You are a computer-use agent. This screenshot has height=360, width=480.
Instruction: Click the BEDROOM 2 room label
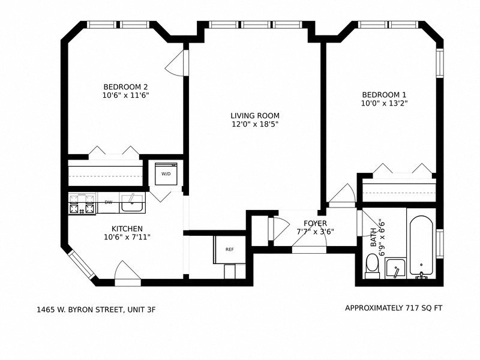coord(125,86)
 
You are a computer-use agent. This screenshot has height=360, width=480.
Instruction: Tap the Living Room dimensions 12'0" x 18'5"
coord(254,124)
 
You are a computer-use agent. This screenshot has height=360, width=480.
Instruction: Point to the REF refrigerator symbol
coord(229,250)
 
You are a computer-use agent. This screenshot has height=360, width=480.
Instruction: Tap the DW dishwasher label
coord(109,202)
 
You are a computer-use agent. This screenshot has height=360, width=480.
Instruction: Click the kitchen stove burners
coord(82,204)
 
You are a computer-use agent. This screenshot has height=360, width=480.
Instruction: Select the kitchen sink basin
coord(131,205)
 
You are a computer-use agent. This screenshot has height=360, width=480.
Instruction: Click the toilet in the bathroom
coord(372,265)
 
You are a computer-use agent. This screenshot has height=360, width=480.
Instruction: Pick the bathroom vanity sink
coord(395,268)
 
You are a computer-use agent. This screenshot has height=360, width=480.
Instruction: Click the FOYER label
coord(315,223)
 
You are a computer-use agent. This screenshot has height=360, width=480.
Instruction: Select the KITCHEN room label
coord(127,229)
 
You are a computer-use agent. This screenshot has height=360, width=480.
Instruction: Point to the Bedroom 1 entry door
coord(342,195)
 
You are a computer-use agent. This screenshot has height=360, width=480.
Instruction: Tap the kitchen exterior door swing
coord(127,271)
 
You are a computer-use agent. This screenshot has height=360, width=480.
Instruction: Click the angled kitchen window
coord(80,265)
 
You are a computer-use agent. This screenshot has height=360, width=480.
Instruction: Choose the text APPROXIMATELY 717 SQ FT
coord(394,308)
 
